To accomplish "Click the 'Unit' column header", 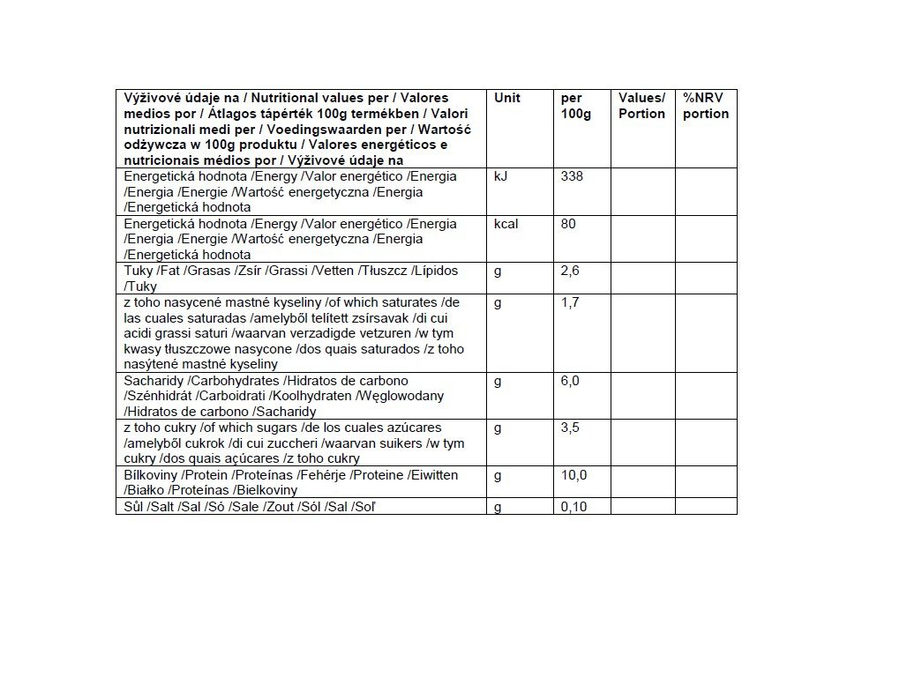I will (x=507, y=98).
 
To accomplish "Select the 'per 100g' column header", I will (x=575, y=106).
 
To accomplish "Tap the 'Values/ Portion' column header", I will (x=641, y=106).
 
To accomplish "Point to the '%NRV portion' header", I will (x=706, y=106).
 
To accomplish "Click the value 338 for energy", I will (x=572, y=176).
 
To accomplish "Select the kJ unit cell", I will (x=501, y=176).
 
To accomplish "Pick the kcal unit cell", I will (x=506, y=224).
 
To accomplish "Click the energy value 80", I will (x=568, y=224).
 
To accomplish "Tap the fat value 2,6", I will (x=570, y=271).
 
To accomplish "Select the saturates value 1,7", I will (x=570, y=302).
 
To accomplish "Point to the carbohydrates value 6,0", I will (x=570, y=381).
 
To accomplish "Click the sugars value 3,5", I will (x=570, y=428).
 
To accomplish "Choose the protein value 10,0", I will (x=573, y=476).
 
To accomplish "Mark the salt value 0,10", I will (x=573, y=507).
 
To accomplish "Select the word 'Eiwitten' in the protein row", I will (x=433, y=476).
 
